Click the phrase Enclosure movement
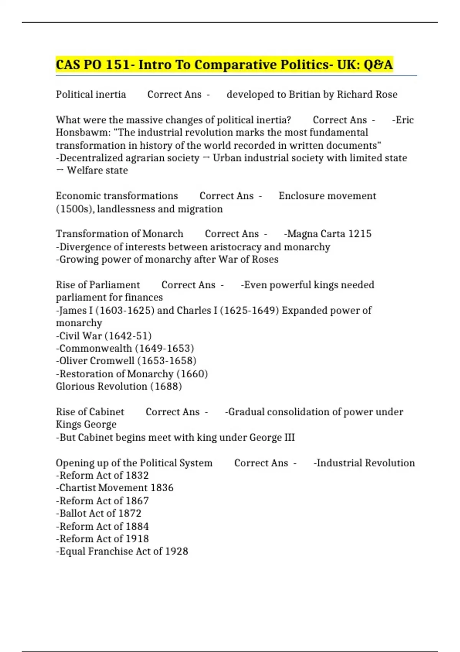(327, 196)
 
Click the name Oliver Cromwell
(97, 361)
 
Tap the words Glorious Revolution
(101, 386)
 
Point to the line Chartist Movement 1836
(115, 488)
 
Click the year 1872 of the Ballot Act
(130, 513)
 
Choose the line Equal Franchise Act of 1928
(122, 552)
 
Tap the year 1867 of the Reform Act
(137, 501)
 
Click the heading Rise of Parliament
(98, 285)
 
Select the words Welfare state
(97, 170)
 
